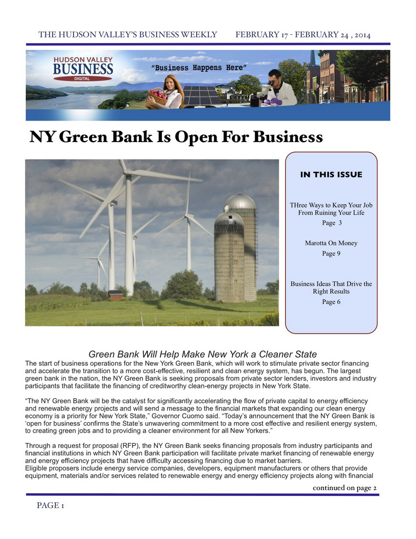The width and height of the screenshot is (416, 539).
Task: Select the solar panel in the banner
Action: (x=201, y=95)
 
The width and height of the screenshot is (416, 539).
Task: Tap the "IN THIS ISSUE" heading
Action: (x=331, y=175)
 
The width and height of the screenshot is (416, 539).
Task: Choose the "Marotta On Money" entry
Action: (x=331, y=243)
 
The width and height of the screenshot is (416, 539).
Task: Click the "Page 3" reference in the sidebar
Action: (x=331, y=223)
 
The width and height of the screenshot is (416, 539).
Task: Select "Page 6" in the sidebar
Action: (x=331, y=302)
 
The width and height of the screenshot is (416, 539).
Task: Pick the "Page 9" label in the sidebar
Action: (x=331, y=253)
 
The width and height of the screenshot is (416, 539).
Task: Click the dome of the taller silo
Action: (x=240, y=201)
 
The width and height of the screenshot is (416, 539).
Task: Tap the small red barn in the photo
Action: (x=116, y=295)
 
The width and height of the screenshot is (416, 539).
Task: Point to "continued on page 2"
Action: (x=344, y=487)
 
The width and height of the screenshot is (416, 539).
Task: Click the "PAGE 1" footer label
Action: (x=50, y=506)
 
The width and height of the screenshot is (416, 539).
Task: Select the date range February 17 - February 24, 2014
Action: (x=303, y=35)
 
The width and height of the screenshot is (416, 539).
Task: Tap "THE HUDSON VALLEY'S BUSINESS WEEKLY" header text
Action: (x=128, y=35)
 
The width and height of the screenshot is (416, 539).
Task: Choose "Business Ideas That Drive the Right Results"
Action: (x=331, y=287)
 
